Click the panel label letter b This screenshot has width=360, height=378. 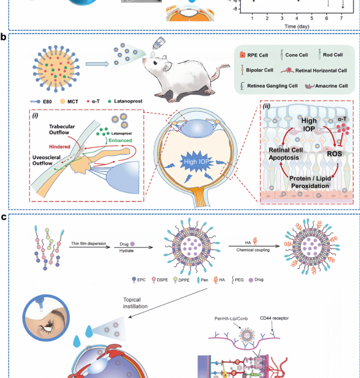[x=4, y=37]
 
